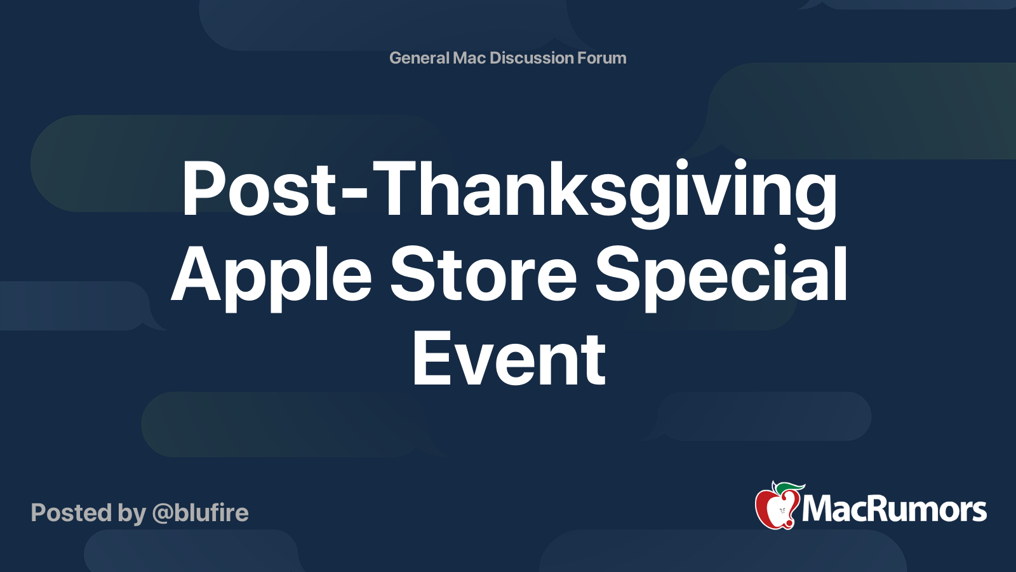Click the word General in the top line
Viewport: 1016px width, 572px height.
click(x=419, y=58)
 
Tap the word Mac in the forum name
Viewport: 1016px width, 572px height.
click(x=469, y=58)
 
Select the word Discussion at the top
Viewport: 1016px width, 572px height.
click(x=531, y=58)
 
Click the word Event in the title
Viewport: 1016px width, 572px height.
click(x=509, y=360)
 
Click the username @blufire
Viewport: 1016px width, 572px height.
click(x=201, y=513)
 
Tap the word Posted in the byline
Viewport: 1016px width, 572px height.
click(x=70, y=513)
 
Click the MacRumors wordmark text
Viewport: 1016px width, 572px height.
click(x=894, y=510)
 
